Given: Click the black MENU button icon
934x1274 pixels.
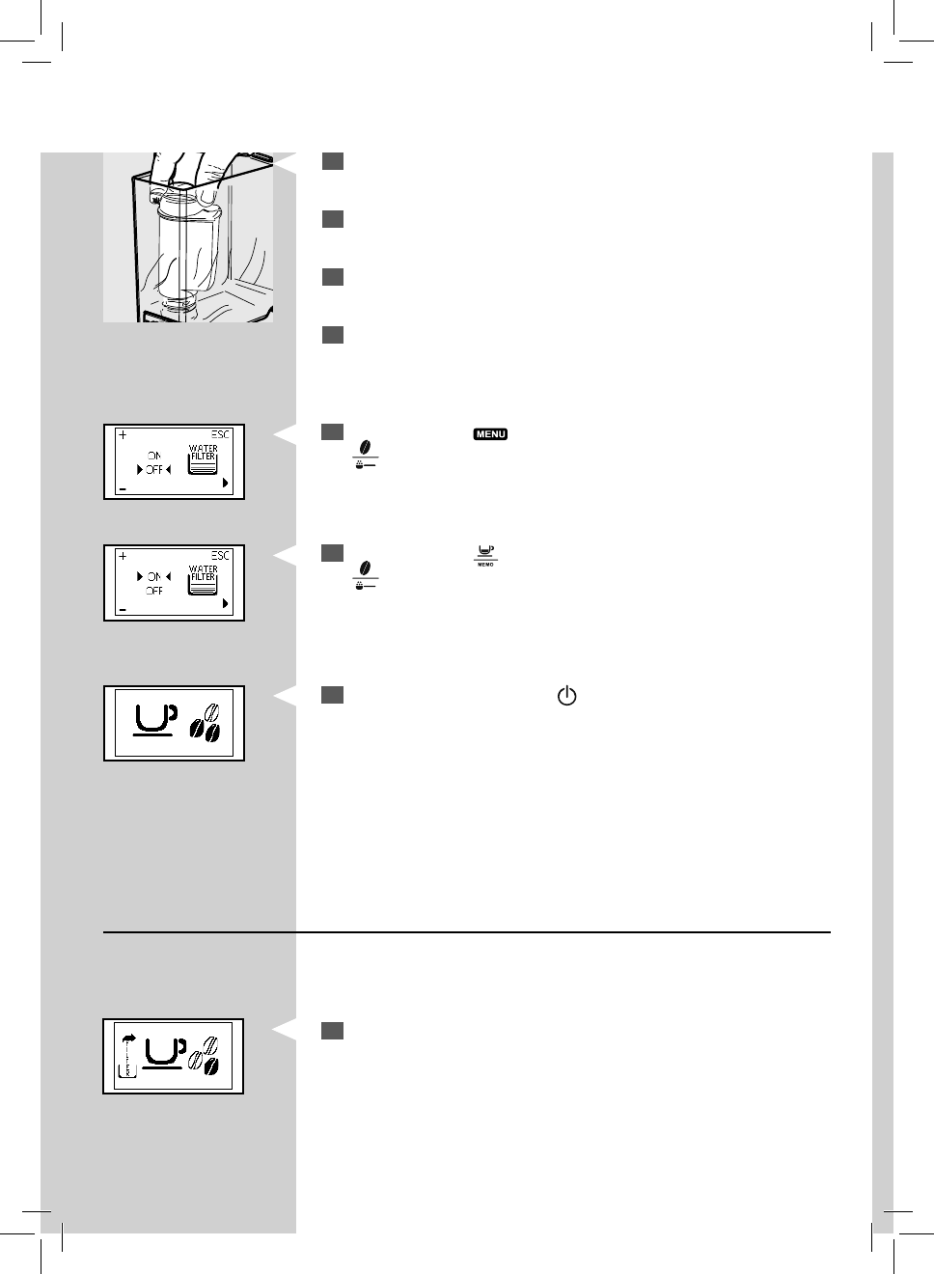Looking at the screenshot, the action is coord(490,434).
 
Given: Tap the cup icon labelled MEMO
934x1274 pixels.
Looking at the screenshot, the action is coord(485,556).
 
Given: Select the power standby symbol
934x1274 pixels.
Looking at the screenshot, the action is coord(566,696).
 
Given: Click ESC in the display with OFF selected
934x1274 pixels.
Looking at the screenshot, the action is coord(221,434).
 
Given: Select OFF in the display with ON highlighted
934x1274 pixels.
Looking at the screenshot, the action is coord(154,591).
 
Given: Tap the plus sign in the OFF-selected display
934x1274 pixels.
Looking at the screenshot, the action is coord(123,435).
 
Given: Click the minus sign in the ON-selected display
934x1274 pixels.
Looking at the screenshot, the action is coord(123,610).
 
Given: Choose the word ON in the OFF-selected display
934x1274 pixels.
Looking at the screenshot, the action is coord(154,456).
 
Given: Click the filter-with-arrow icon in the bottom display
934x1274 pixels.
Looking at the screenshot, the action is coord(125,1055).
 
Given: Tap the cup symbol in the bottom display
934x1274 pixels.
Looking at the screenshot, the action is coord(163,1052).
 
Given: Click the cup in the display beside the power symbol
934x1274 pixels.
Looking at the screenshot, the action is coord(153,719).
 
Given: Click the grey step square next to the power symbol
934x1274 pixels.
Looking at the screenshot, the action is coord(333,696).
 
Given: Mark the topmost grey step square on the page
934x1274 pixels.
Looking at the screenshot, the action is coord(333,161).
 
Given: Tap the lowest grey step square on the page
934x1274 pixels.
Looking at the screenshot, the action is coord(333,1032).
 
